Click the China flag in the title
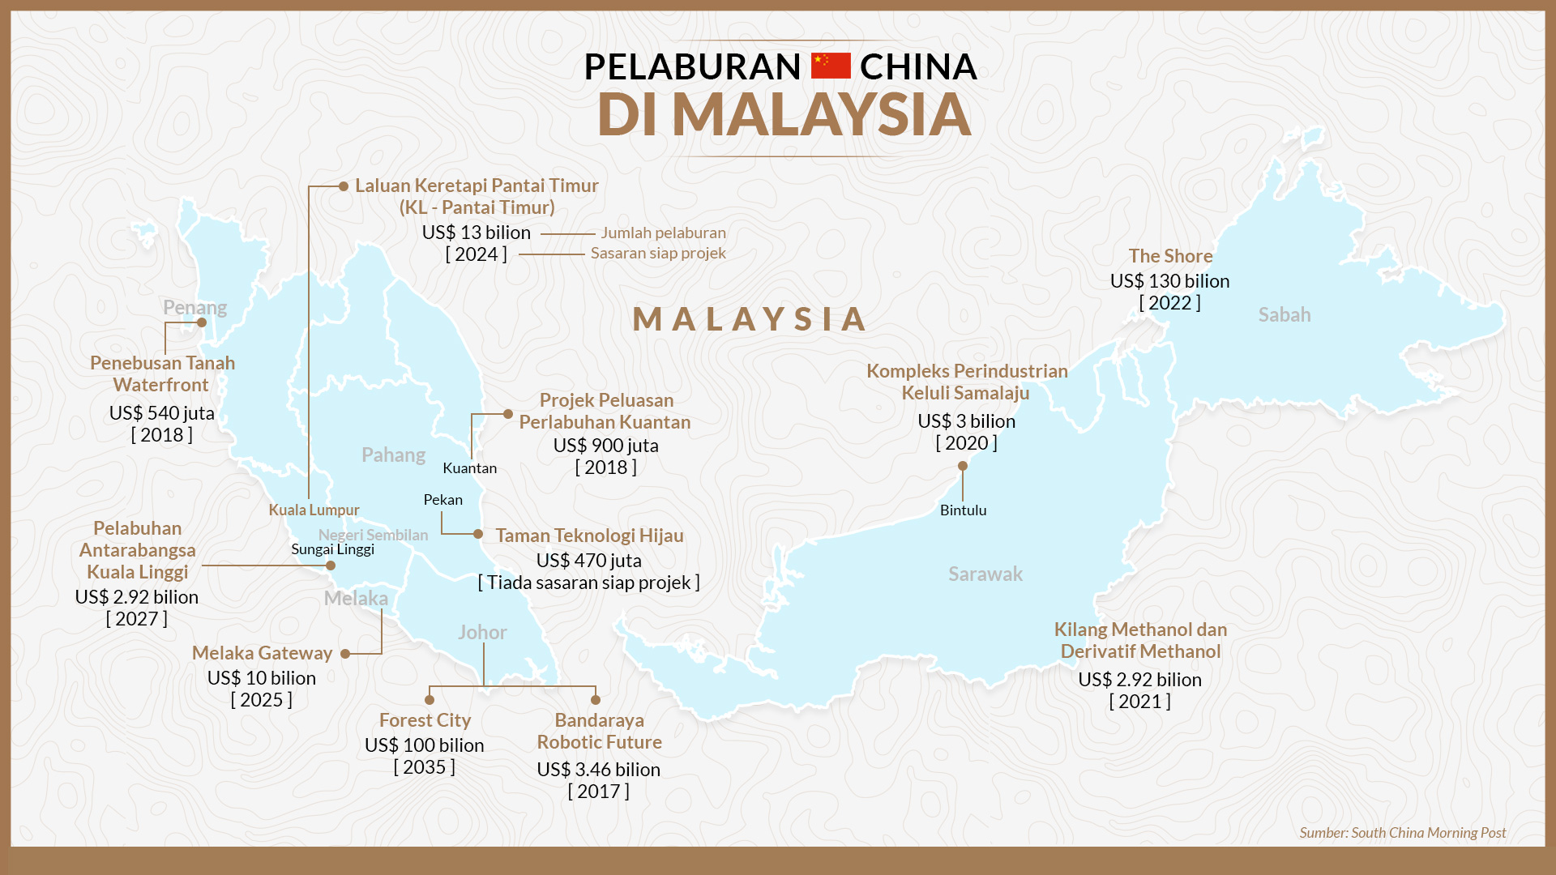point(831,66)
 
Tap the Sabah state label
point(1284,315)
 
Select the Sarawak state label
point(985,574)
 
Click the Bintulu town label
point(963,510)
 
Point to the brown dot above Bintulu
point(963,466)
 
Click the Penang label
point(194,308)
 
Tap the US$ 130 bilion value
point(1169,281)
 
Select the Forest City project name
point(425,720)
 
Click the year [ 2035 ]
point(424,767)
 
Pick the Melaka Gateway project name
point(262,653)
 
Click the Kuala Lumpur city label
point(314,510)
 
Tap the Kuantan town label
point(469,468)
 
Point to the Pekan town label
point(442,500)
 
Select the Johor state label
point(482,633)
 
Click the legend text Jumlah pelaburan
point(663,233)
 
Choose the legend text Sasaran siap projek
point(658,254)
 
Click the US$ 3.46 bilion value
point(598,770)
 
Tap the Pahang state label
point(393,455)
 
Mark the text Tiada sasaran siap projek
point(589,583)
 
